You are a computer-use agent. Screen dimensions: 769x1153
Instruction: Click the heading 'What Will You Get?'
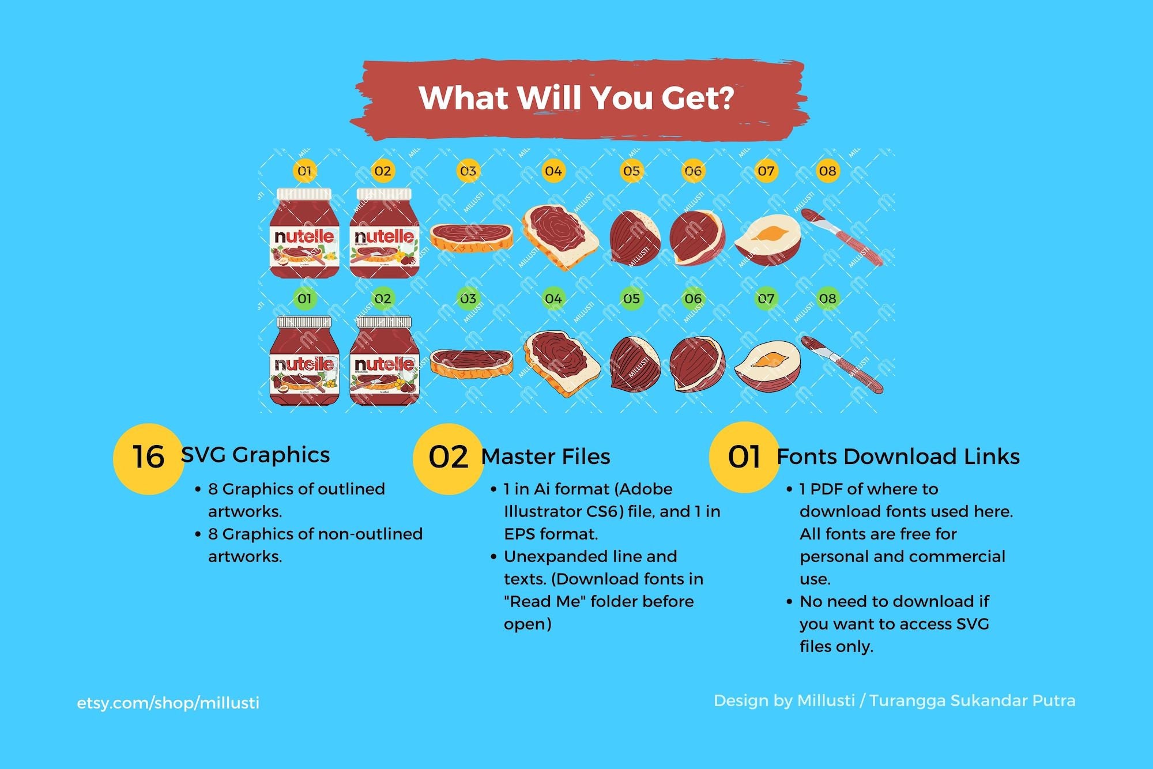point(576,98)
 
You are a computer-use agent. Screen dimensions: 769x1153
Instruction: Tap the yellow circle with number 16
point(148,458)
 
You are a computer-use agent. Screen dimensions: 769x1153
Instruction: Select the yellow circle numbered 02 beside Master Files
point(448,458)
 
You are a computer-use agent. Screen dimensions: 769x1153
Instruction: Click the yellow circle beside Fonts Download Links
point(744,457)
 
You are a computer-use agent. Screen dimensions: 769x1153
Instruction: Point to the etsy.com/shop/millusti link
point(168,703)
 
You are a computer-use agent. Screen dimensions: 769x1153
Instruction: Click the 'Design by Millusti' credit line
point(894,700)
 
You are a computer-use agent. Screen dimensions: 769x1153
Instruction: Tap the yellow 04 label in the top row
point(553,171)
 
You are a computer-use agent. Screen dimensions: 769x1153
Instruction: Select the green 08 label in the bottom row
point(827,299)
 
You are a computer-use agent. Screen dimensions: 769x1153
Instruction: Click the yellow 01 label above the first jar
point(304,171)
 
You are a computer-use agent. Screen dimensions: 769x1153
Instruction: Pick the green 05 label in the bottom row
point(631,299)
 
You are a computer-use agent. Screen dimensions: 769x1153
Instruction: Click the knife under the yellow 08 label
point(842,236)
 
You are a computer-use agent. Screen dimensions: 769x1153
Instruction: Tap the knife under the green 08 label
point(842,364)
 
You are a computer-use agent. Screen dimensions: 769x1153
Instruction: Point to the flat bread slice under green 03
point(471,363)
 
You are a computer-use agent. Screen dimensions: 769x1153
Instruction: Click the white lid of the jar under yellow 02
point(384,194)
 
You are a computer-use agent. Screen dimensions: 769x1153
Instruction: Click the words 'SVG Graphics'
point(255,455)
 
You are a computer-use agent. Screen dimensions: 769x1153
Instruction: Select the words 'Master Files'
point(545,457)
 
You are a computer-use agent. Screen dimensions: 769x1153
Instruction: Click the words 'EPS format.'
point(551,534)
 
